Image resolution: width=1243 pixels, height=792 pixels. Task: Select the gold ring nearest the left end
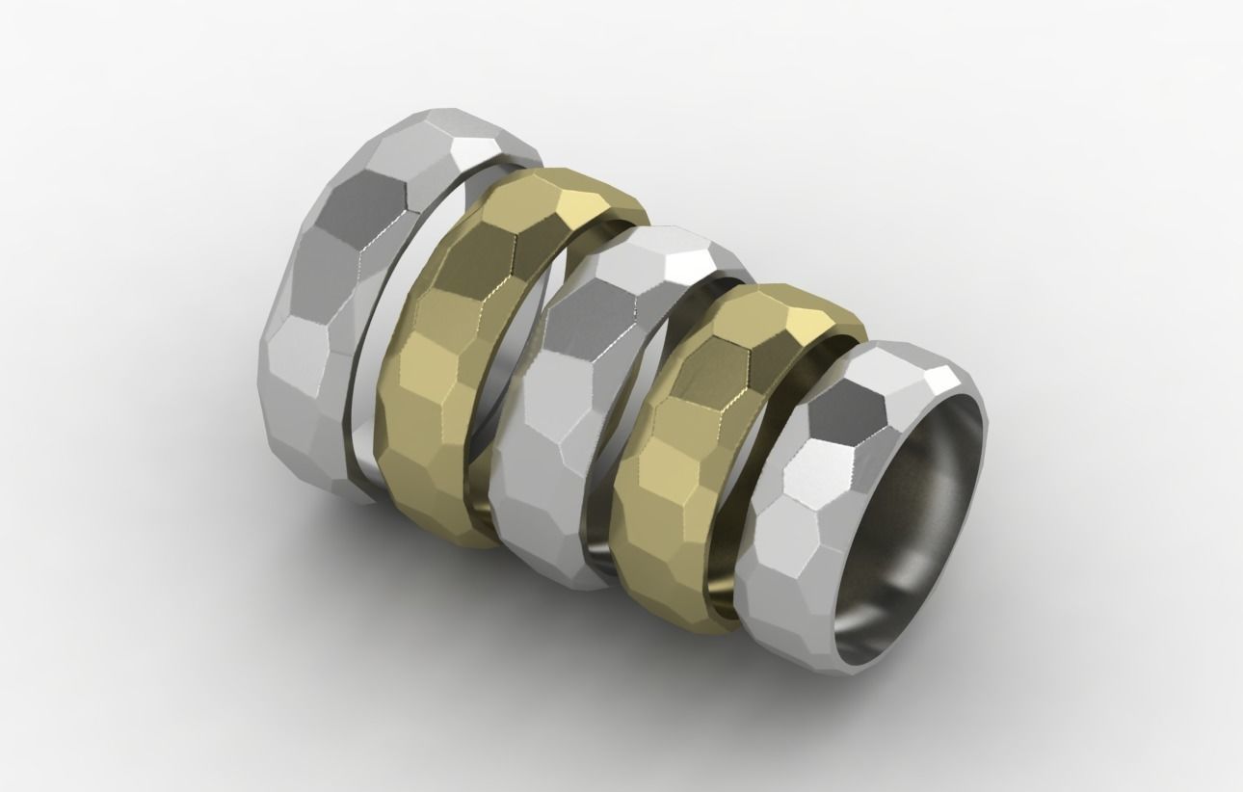(x=434, y=385)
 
